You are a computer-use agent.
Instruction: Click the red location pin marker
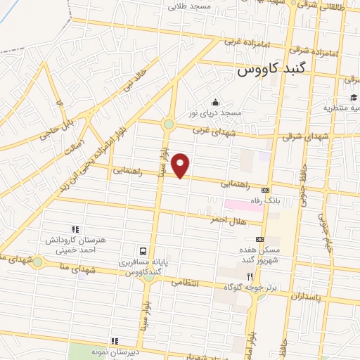click(181, 165)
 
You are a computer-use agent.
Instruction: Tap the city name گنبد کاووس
click(271, 71)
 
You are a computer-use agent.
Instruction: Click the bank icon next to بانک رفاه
click(265, 190)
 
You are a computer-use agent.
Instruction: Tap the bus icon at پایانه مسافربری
click(143, 250)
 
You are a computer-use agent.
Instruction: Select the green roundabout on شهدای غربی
click(168, 125)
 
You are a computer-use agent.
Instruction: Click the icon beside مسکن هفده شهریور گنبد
click(259, 240)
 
